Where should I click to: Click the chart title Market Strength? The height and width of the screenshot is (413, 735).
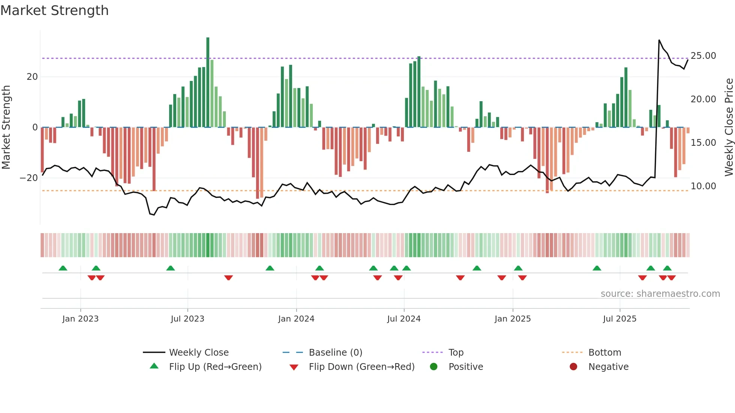54,10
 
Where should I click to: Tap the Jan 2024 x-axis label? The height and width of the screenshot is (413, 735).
296,319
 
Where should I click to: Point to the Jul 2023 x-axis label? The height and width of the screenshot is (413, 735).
187,319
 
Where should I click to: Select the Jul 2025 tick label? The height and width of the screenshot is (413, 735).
619,319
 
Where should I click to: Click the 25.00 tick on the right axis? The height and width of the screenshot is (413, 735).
703,56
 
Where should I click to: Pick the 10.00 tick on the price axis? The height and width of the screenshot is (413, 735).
703,186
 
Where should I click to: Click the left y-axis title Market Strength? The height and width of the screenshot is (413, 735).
6,127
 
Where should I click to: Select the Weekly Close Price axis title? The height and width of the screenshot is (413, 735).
729,127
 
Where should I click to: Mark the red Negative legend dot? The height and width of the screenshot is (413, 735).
573,367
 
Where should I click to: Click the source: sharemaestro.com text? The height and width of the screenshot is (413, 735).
660,294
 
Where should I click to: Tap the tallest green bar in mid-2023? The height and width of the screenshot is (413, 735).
208,82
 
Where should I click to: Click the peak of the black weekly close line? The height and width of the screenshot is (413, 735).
659,40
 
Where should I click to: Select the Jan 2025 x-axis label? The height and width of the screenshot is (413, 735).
513,319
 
